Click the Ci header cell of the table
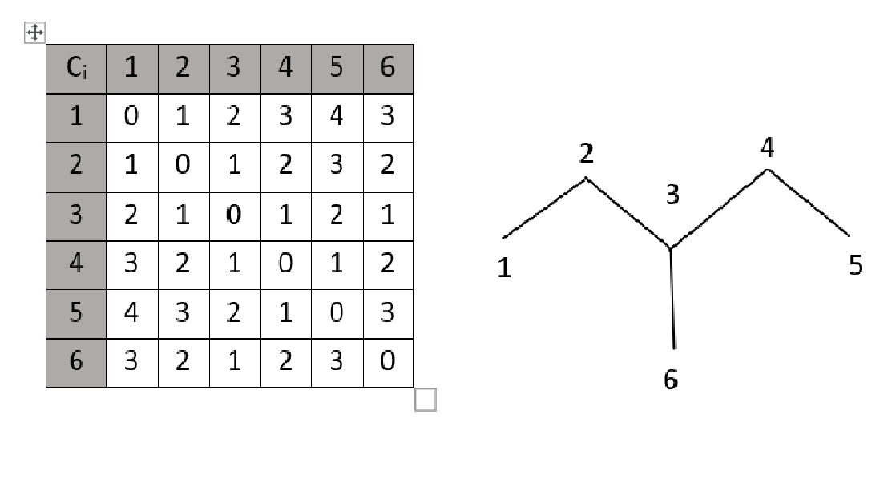tap(76, 69)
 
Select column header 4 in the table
tap(285, 69)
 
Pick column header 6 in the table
tap(388, 69)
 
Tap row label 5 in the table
tap(76, 314)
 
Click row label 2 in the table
tap(76, 167)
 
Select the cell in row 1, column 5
tap(337, 117)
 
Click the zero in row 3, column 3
tap(234, 215)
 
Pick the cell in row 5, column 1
tap(132, 314)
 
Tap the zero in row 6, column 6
tap(388, 361)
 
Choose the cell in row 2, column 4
tap(285, 167)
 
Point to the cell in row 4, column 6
tap(388, 264)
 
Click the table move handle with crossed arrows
tap(34, 32)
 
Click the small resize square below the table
tap(426, 399)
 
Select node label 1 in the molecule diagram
tap(504, 268)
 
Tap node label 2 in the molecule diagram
tap(586, 153)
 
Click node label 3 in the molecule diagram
tap(672, 194)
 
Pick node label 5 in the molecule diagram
tap(855, 265)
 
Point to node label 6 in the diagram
tap(671, 380)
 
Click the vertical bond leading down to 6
tap(672, 299)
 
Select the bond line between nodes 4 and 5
tap(809, 202)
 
